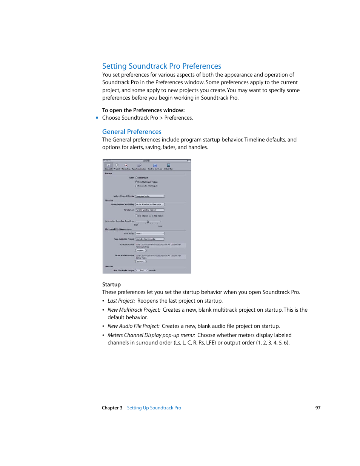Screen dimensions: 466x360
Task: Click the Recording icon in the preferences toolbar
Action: click(126, 166)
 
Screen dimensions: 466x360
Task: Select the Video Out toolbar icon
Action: click(168, 166)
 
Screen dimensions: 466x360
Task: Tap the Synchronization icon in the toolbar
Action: click(139, 166)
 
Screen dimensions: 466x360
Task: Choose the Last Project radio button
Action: click(136, 178)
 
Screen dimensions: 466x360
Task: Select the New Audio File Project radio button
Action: click(136, 186)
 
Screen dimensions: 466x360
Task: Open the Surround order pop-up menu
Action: click(150, 196)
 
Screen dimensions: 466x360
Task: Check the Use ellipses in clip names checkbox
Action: click(136, 216)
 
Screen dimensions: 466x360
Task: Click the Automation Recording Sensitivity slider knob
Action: click(148, 222)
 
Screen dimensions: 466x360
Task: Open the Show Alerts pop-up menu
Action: click(150, 234)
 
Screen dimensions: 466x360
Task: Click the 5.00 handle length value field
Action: click(142, 271)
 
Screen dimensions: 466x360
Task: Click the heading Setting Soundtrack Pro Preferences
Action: click(162, 66)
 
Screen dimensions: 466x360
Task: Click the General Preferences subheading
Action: click(132, 132)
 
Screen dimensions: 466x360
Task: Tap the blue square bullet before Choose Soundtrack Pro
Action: click(97, 118)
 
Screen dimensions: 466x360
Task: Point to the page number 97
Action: click(318, 408)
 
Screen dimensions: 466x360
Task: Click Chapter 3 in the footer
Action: click(112, 408)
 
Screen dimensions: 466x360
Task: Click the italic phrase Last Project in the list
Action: click(121, 301)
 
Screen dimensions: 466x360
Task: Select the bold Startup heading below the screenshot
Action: click(111, 285)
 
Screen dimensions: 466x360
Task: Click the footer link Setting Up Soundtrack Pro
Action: click(154, 408)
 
